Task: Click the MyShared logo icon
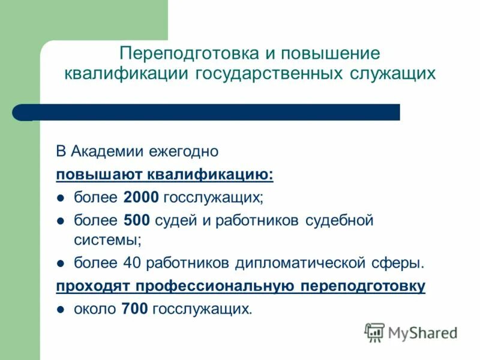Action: coord(374,332)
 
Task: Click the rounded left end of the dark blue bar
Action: coord(22,112)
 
